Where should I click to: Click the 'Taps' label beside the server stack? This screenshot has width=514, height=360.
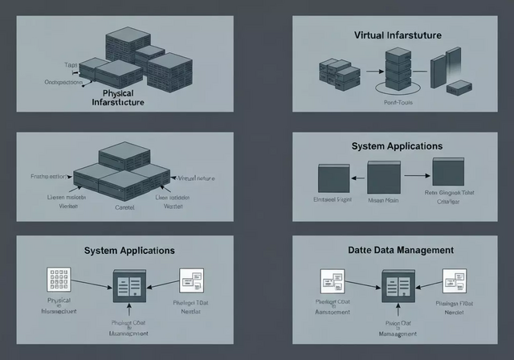click(71, 64)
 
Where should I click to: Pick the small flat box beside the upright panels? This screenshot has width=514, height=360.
click(459, 86)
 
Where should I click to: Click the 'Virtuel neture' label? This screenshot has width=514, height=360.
click(196, 178)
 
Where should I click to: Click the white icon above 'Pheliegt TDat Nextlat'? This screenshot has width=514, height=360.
click(191, 280)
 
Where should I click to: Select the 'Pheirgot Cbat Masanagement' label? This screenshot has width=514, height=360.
click(128, 328)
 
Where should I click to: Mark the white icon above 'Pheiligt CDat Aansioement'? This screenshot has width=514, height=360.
click(332, 281)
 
